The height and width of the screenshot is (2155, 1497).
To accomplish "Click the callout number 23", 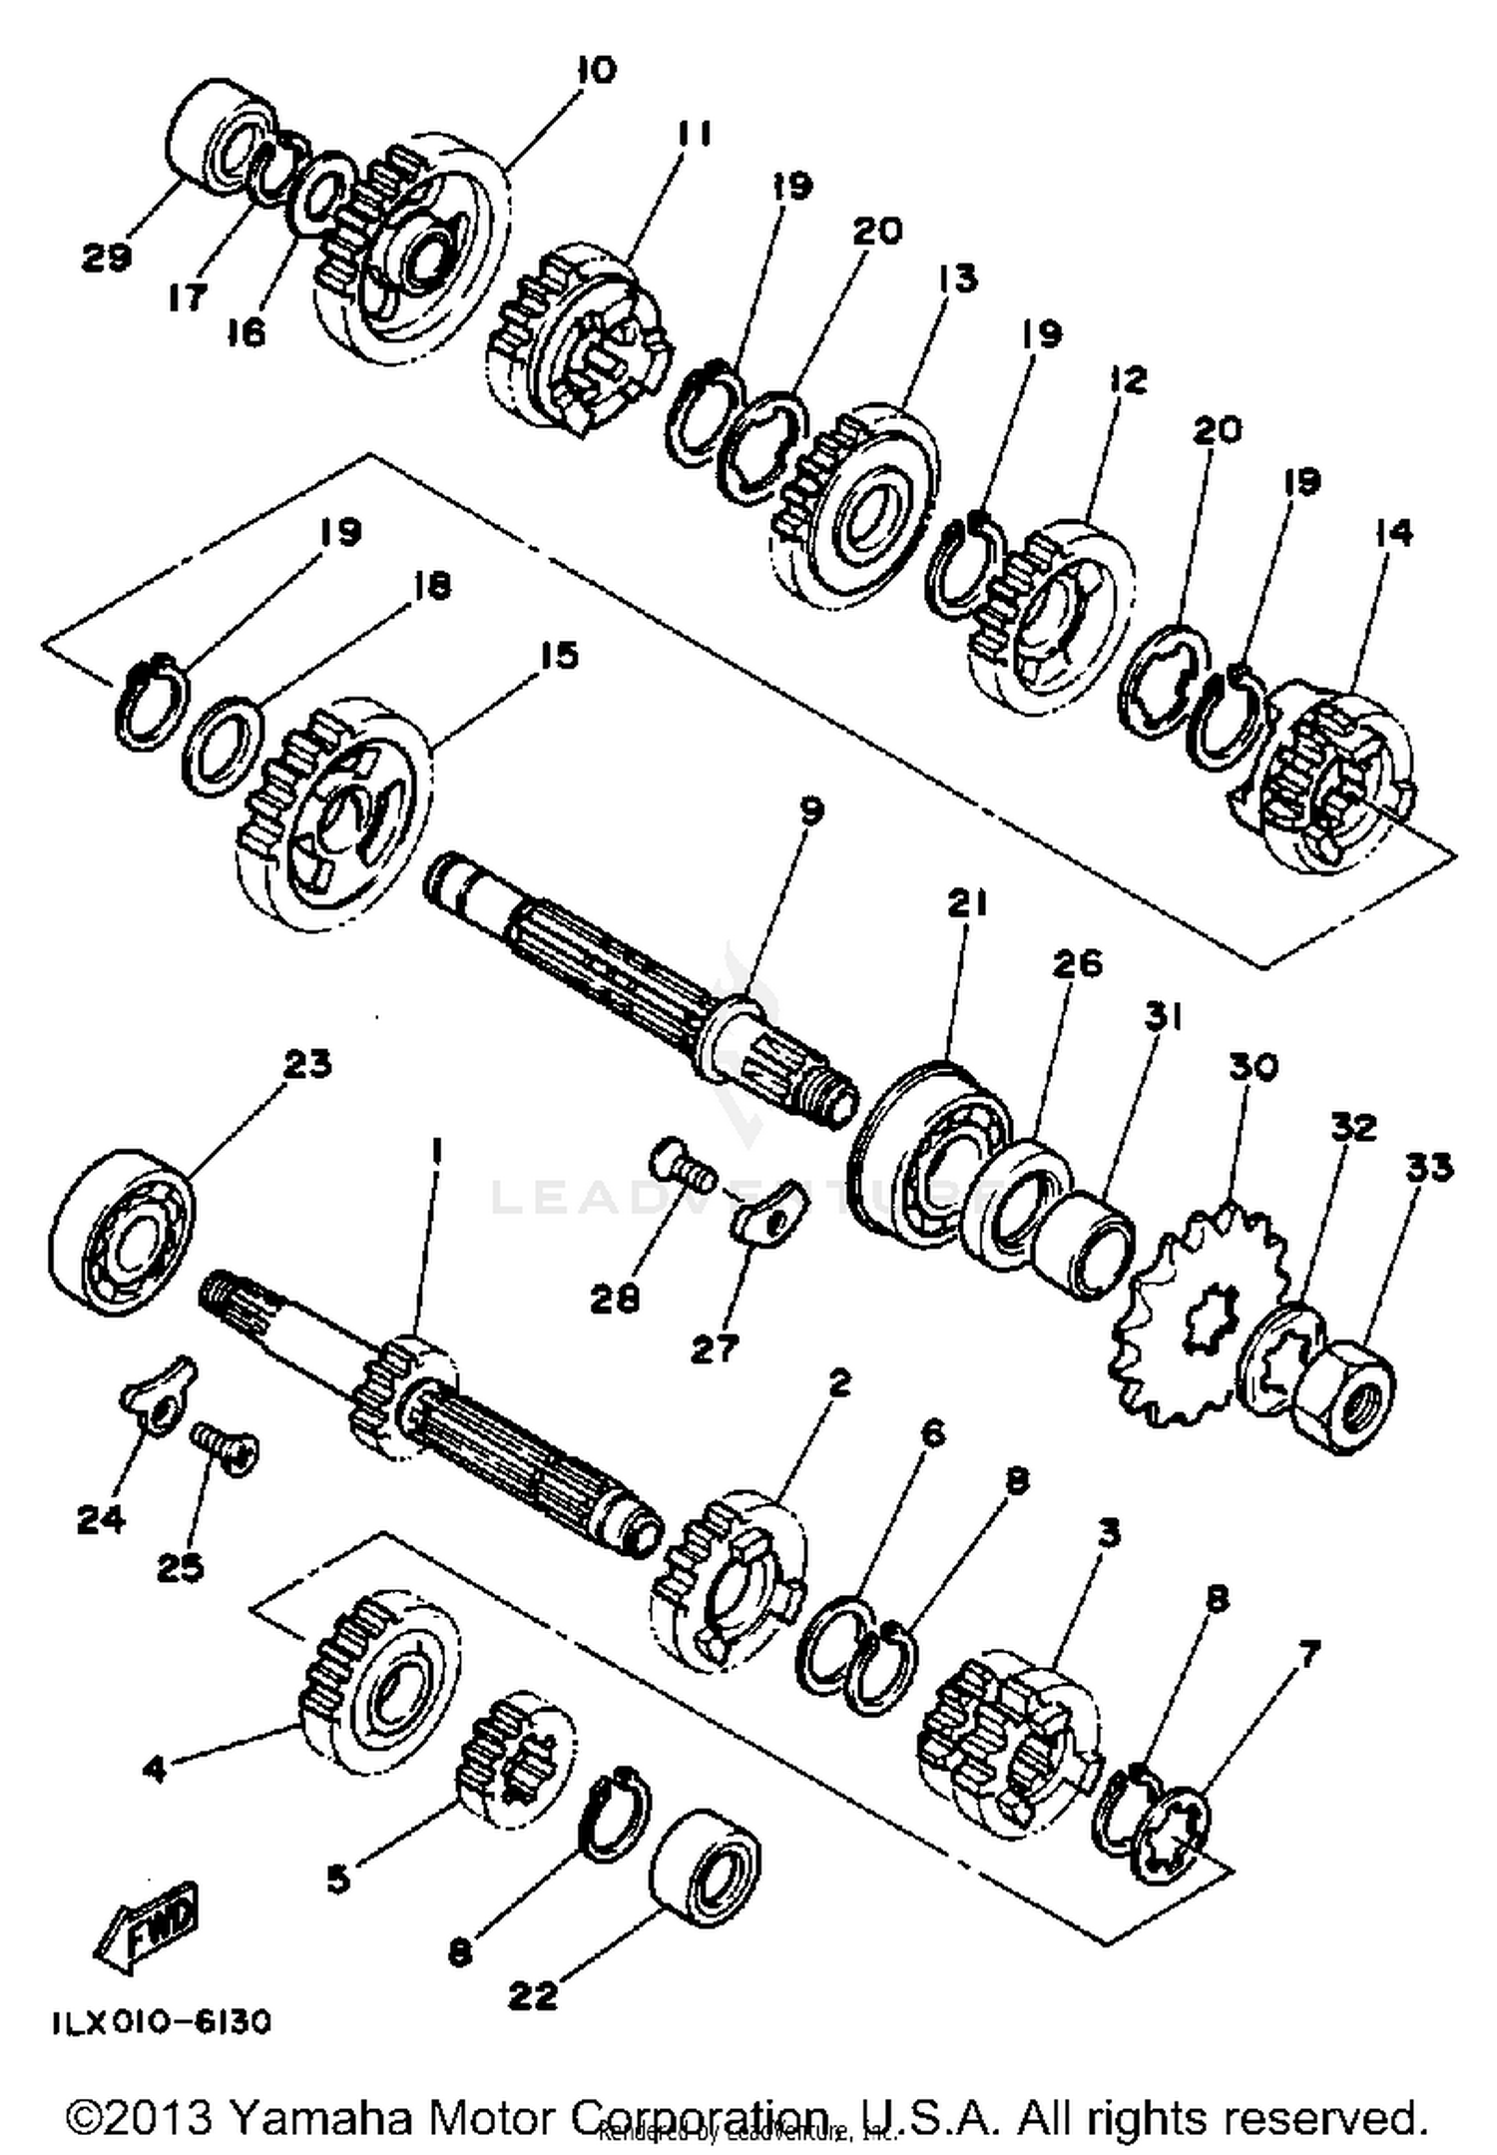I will pos(306,1064).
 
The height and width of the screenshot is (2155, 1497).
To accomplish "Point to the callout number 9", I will pos(811,811).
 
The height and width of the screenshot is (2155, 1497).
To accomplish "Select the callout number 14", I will pos(1393,533).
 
